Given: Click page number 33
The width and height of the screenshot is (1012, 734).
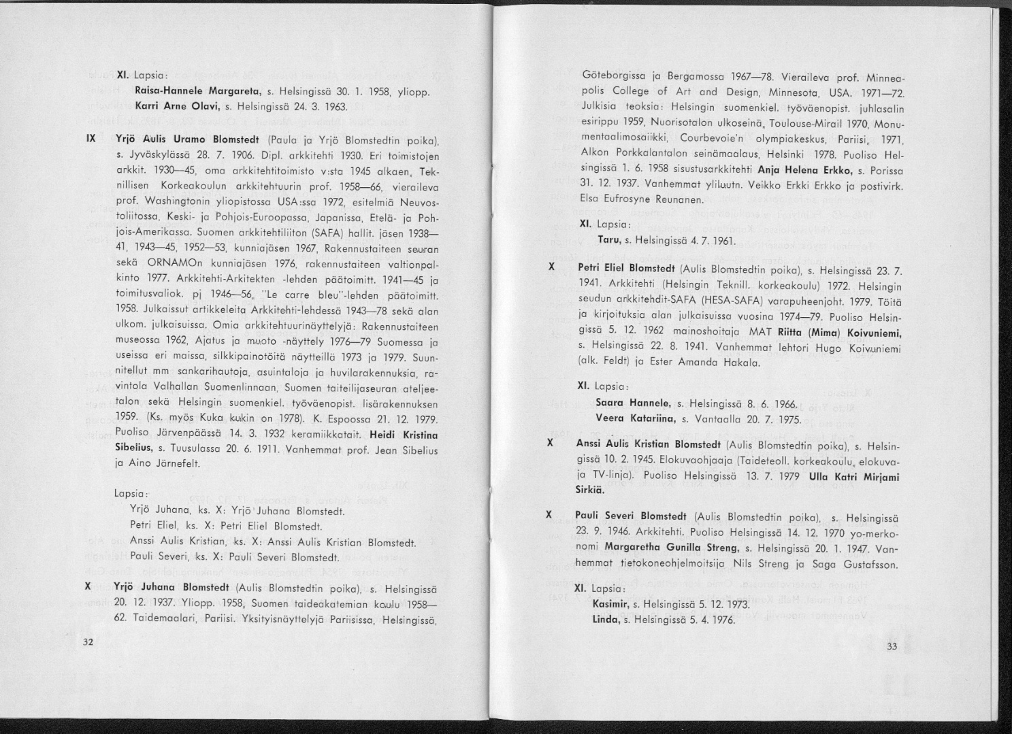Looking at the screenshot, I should [892, 646].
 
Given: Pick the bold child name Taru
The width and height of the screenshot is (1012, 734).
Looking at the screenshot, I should [608, 239].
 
